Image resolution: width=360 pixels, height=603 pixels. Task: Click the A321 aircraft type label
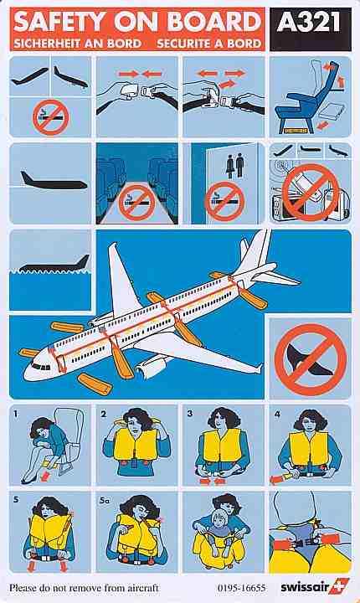coord(308,23)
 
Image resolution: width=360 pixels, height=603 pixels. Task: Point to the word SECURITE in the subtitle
coord(184,44)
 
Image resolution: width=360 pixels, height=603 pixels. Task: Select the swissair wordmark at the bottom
coord(305,588)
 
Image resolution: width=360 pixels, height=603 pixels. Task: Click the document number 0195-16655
coord(242,588)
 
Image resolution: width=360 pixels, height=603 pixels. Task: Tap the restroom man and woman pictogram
coord(235,165)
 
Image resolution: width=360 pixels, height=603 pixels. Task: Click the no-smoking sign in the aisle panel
coord(136,203)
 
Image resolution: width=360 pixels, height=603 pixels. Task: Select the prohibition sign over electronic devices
coord(311,193)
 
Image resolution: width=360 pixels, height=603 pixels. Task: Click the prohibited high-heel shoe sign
coord(311,359)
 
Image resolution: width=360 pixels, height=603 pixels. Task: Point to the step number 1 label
coord(16,415)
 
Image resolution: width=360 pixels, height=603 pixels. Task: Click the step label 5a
coord(104,501)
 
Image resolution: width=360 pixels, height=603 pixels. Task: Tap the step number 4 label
coord(278,415)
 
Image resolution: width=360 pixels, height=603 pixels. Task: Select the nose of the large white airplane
coord(28,373)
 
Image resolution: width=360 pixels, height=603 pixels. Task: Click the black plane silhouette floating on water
coord(54,264)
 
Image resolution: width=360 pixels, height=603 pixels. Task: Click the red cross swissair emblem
coord(339,586)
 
